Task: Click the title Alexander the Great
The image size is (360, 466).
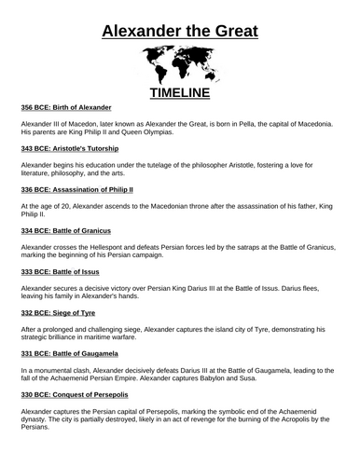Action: [179, 22]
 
